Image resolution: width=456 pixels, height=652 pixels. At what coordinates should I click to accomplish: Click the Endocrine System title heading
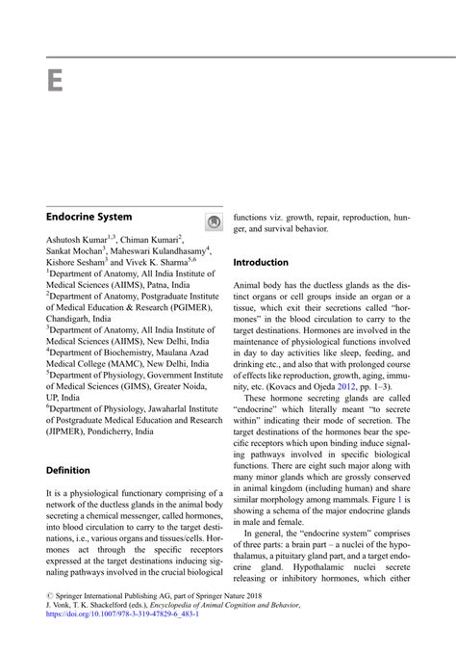point(89,218)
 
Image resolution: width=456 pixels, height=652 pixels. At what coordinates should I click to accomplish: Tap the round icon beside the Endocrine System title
point(214,222)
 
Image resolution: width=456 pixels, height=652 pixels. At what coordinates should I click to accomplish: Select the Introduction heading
point(261,262)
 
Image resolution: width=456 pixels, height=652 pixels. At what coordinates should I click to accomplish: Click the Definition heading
point(68,470)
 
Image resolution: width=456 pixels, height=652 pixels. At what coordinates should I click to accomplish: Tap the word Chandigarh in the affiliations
point(70,317)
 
